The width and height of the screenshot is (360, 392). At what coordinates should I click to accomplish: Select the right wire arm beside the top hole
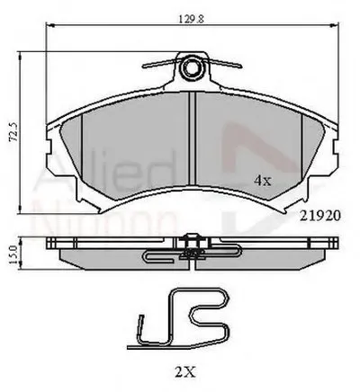coord(225,67)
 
